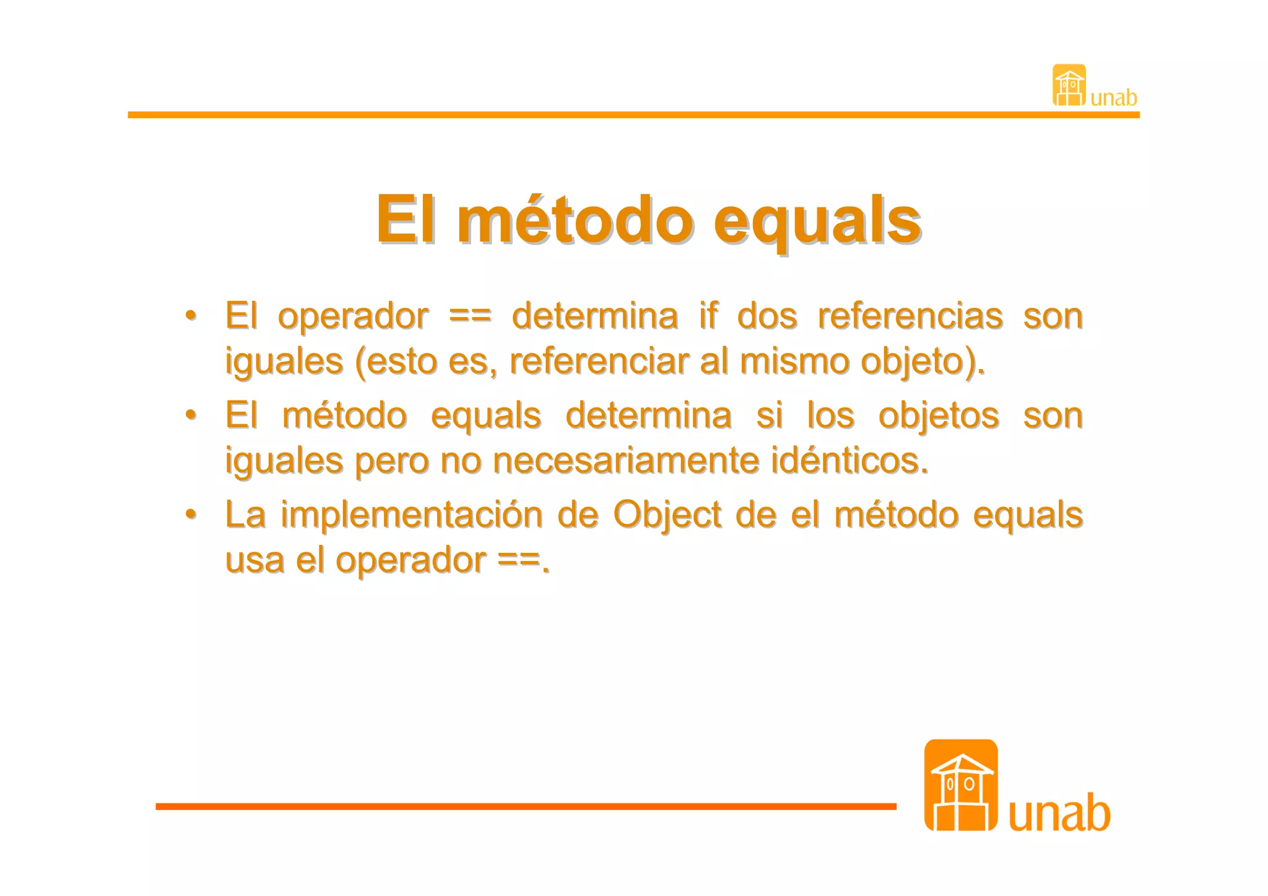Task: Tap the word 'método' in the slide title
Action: (575, 220)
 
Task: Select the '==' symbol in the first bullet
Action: (470, 316)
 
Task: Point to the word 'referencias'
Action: (910, 316)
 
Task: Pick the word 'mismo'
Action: (794, 361)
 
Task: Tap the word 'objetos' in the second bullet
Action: (938, 415)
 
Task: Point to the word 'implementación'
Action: (411, 515)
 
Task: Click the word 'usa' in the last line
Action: (254, 560)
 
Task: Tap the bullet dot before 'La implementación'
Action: (191, 514)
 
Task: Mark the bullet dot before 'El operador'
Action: (191, 315)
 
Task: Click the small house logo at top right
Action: (1069, 85)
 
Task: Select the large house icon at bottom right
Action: (960, 785)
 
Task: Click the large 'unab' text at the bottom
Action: (1059, 812)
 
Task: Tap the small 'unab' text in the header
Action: (1114, 98)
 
